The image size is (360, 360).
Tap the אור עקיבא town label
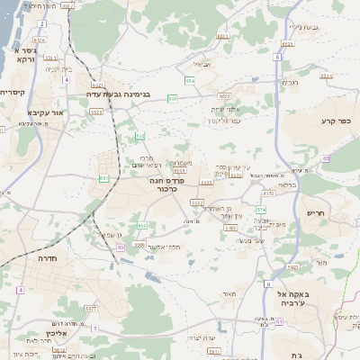tap(46, 113)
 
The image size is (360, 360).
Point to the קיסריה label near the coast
tap(13, 92)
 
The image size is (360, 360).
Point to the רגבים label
tap(290, 83)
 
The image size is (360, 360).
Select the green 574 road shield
tap(261, 209)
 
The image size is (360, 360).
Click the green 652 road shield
tap(140, 136)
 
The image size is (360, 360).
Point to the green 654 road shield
tap(190, 81)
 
